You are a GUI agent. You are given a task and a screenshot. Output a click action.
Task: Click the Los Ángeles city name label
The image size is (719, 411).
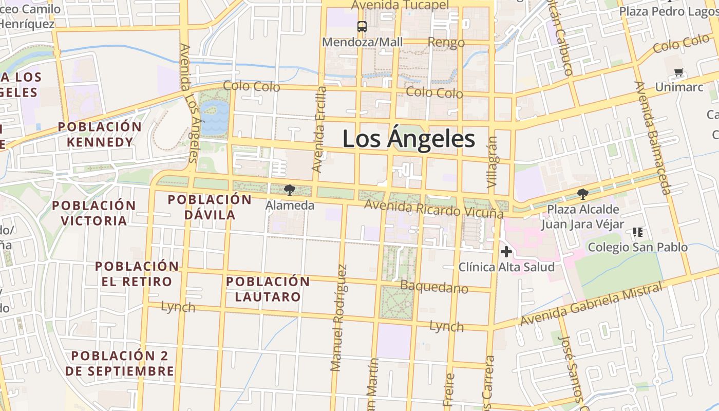(408, 139)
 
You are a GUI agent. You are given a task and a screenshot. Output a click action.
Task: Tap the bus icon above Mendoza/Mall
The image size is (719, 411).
(362, 27)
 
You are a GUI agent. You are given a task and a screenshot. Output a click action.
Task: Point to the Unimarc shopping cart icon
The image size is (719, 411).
(679, 72)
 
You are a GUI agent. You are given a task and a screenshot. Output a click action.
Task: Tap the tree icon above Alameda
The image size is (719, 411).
(290, 190)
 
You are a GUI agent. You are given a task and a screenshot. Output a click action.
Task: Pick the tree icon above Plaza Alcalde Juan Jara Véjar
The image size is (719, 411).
(582, 194)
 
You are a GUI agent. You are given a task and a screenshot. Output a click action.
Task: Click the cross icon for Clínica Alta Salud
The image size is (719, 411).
(506, 252)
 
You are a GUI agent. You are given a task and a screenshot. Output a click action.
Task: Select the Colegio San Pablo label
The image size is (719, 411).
(637, 247)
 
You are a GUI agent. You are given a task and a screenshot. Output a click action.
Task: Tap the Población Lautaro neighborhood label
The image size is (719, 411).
(268, 289)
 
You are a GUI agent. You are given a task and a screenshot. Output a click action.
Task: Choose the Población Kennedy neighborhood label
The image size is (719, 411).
(100, 135)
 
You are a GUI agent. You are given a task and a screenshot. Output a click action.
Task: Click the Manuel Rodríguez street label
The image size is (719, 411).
(339, 317)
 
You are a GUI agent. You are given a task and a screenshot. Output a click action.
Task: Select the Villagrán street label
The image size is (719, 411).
(492, 161)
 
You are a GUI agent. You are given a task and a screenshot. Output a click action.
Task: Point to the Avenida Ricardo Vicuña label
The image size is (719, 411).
(433, 209)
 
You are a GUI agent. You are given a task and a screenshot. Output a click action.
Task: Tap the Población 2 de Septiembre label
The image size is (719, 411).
(122, 363)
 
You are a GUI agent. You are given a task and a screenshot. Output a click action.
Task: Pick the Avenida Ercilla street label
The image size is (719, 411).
(319, 129)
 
